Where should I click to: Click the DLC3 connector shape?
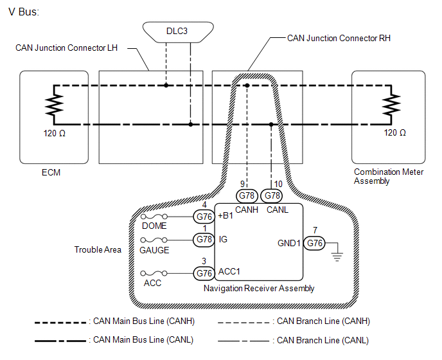[x=178, y=32]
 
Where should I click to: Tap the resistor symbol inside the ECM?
[x=54, y=105]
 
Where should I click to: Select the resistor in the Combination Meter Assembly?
[x=391, y=105]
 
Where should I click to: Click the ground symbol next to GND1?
[x=337, y=257]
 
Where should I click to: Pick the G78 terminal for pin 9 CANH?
[x=247, y=196]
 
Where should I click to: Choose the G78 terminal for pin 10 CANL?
[x=272, y=196]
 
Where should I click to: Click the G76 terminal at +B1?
[x=204, y=217]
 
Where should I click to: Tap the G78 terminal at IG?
[x=204, y=240]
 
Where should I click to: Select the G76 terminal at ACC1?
[x=204, y=273]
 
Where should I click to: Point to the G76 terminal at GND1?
[x=314, y=243]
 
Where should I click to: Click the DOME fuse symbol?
[x=154, y=217]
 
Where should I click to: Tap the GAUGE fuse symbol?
[x=154, y=240]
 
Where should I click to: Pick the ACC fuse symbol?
[x=154, y=273]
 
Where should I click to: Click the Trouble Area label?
[x=98, y=249]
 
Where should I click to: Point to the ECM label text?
[x=51, y=172]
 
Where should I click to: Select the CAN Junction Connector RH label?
[x=339, y=38]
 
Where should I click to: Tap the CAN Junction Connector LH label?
[x=67, y=48]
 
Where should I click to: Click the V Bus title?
[x=24, y=12]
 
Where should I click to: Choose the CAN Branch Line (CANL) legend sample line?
[x=243, y=341]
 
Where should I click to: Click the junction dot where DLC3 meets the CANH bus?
[x=166, y=85]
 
